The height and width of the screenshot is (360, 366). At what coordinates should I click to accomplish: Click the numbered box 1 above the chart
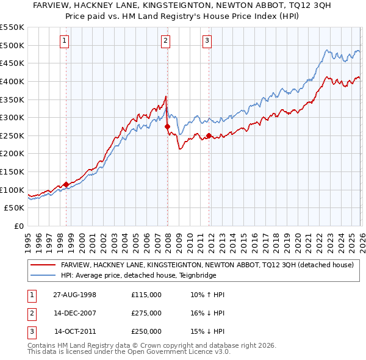(x=64, y=41)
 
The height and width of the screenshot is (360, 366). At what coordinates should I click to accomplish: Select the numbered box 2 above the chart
(x=165, y=41)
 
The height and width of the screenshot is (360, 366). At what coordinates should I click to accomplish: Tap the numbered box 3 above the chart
(x=207, y=41)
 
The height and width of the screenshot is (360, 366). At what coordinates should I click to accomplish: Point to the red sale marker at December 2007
(x=167, y=126)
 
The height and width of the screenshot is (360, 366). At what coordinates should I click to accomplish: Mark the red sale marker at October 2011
(x=209, y=135)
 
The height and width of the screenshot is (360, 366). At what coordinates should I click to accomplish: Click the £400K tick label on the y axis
(x=12, y=81)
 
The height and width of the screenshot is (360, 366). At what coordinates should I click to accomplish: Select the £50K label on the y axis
(x=15, y=208)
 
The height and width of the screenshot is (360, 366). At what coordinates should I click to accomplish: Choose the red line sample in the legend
(x=43, y=265)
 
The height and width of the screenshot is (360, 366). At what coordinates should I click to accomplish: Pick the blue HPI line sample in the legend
(x=43, y=275)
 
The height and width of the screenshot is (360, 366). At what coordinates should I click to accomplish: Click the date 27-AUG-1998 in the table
(x=74, y=295)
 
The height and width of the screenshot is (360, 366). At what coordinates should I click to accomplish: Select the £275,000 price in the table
(x=146, y=313)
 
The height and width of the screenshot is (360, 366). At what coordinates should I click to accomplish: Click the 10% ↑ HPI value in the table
(x=207, y=295)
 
